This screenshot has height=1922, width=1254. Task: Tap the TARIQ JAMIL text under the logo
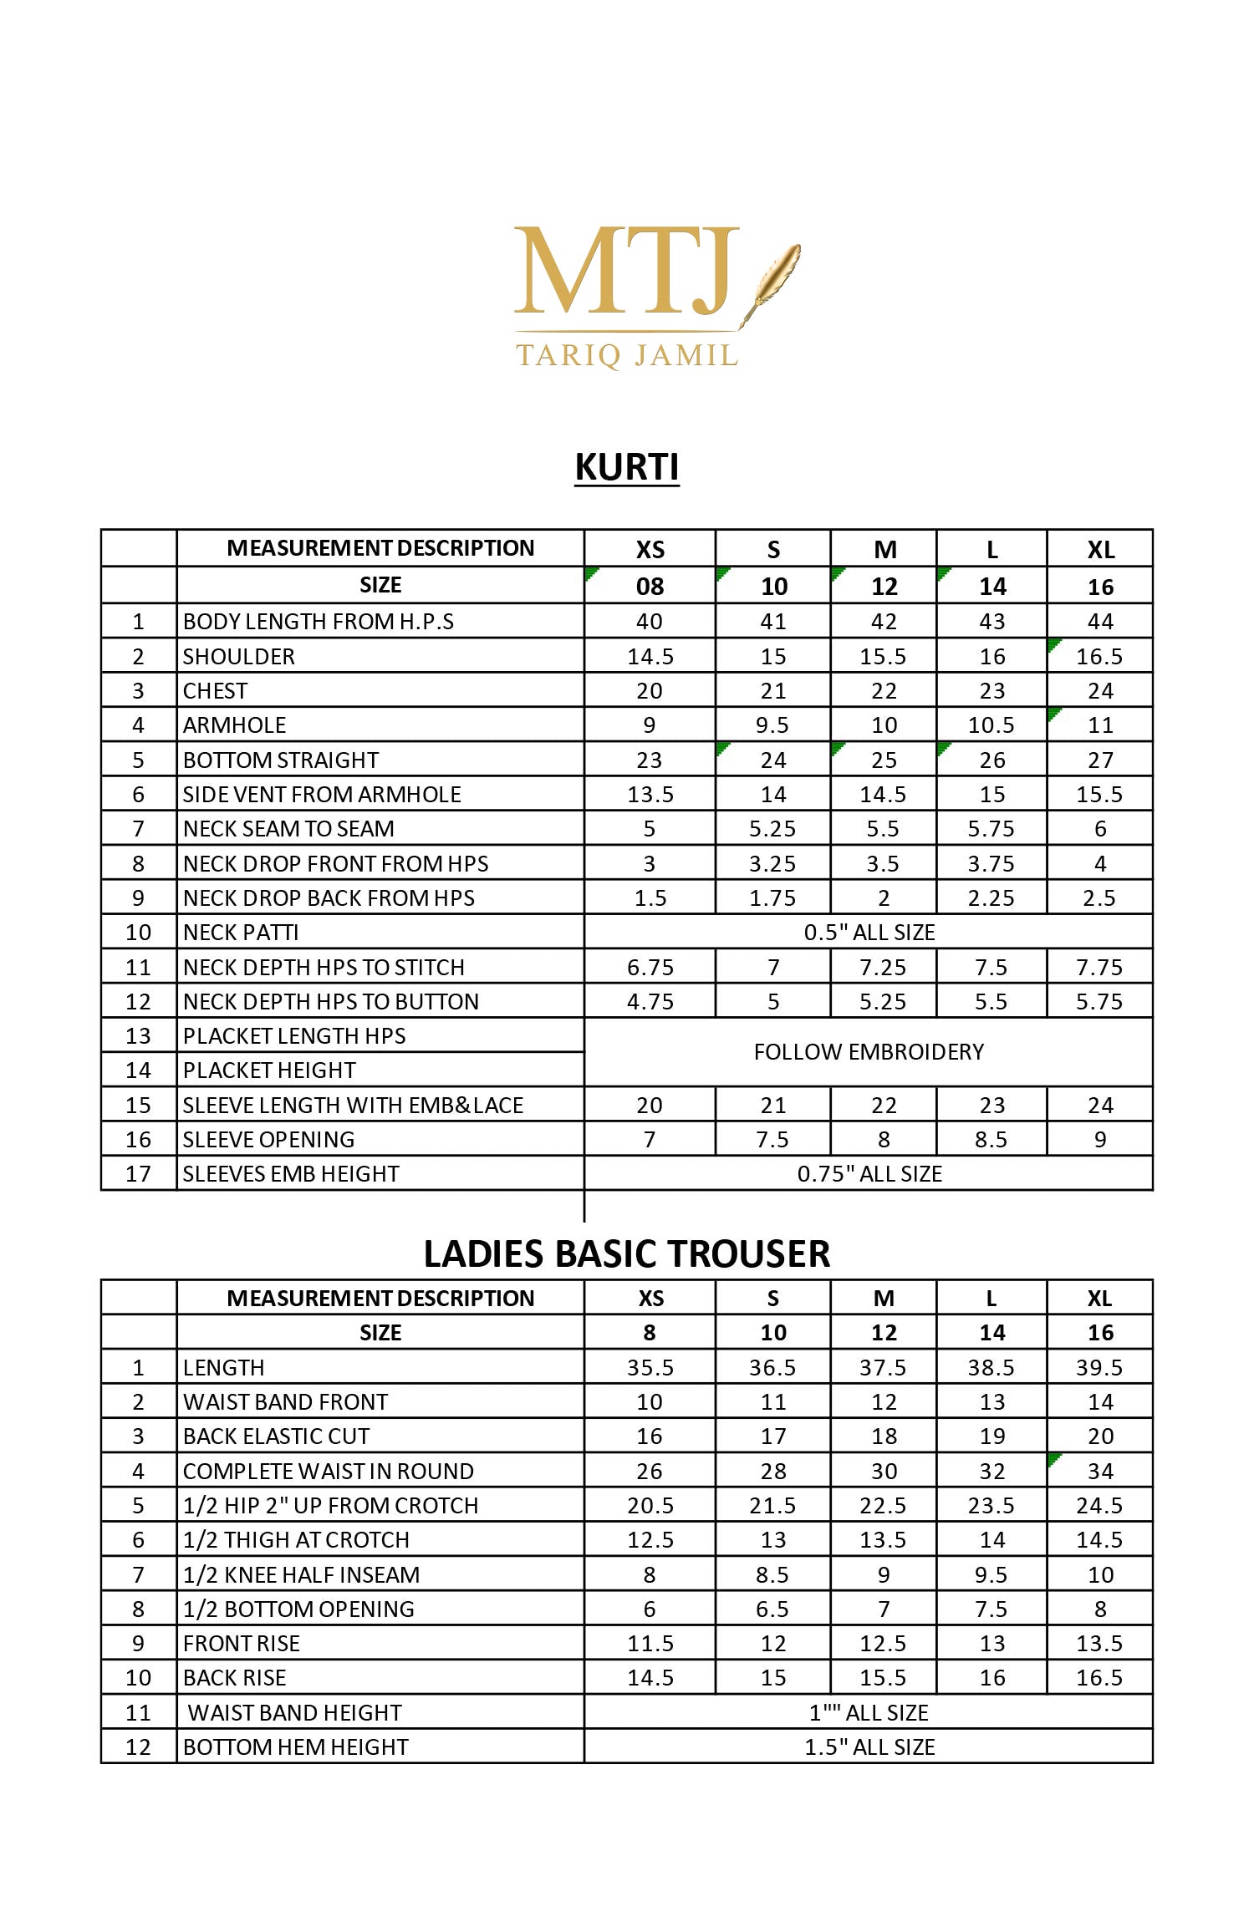coord(627,355)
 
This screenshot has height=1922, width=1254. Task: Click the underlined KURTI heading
coord(627,466)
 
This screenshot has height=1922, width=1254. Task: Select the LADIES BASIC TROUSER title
coord(627,1253)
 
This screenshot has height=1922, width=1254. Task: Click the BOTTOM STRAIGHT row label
coord(281,760)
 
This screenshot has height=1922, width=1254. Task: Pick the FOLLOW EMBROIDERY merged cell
coord(869,1051)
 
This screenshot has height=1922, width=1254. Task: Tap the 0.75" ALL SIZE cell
coord(869,1173)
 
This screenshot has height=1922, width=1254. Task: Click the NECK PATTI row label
coord(241,932)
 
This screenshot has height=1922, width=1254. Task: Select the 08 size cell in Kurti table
coord(650,586)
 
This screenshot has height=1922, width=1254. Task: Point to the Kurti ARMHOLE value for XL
coord(1100,725)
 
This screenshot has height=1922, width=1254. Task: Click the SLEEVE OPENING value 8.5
coord(991,1139)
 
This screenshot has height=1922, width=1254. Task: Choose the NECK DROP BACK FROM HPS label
coord(329,897)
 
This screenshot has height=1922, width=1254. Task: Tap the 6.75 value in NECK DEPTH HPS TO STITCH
coord(650,967)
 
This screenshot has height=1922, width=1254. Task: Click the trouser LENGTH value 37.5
coord(883,1367)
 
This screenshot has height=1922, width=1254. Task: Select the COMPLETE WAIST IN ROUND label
coord(329,1471)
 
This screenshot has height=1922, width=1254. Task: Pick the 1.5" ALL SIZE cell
coord(869,1747)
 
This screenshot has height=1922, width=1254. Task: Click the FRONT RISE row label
coord(242,1643)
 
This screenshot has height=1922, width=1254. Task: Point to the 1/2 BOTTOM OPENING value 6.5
coord(772,1609)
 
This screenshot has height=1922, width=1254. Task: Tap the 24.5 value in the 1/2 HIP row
coord(1100,1505)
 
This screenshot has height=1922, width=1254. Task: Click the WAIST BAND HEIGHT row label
coord(295,1712)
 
